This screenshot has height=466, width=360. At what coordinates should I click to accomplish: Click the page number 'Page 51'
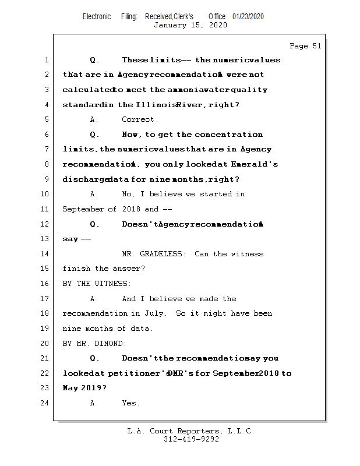click(305, 46)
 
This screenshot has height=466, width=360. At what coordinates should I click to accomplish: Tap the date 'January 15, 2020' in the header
click(190, 25)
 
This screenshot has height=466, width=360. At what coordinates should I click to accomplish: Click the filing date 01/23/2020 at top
click(248, 17)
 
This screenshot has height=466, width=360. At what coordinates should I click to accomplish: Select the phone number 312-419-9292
click(191, 439)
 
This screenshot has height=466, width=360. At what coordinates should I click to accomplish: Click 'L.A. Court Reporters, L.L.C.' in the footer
click(190, 431)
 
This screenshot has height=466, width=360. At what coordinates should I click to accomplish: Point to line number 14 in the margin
click(47, 254)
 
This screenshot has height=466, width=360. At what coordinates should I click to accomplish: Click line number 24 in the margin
click(47, 403)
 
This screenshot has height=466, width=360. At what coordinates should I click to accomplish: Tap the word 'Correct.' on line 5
click(140, 119)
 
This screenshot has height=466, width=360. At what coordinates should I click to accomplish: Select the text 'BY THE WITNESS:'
click(97, 284)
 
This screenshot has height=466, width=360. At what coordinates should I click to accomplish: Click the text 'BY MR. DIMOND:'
click(94, 344)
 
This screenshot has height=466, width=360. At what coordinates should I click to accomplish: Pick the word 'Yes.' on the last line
click(130, 403)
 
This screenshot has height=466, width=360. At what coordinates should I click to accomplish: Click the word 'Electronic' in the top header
click(97, 17)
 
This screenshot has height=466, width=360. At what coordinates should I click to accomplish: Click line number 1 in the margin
click(47, 60)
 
